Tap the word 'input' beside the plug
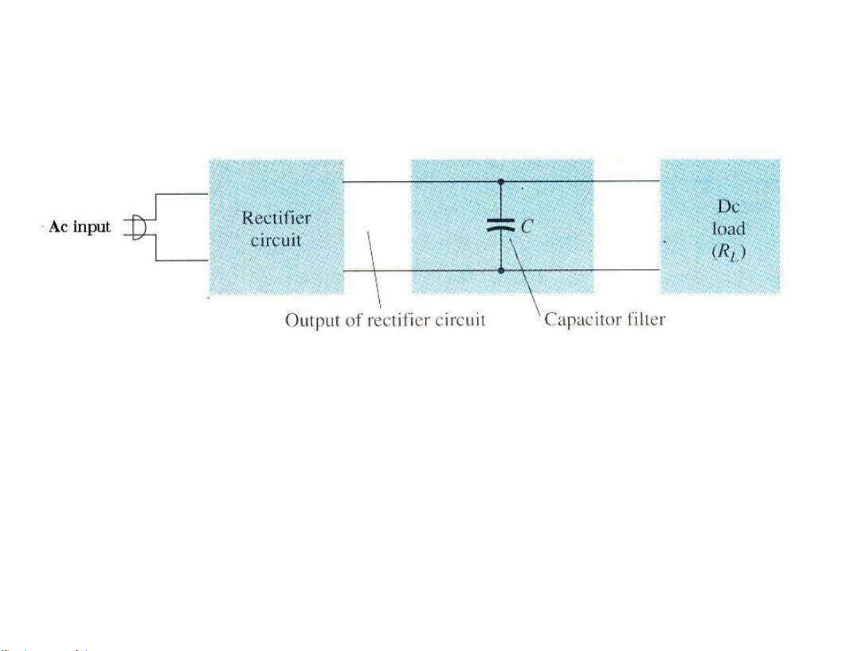pyautogui.click(x=91, y=227)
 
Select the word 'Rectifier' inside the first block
pyautogui.click(x=276, y=218)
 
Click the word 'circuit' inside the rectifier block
pyautogui.click(x=276, y=240)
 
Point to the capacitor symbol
pyautogui.click(x=500, y=225)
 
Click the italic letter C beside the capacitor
pyautogui.click(x=526, y=227)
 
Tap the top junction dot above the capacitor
pyautogui.click(x=500, y=182)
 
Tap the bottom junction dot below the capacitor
pyautogui.click(x=500, y=270)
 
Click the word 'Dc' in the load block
pyautogui.click(x=728, y=206)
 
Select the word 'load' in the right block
pyautogui.click(x=728, y=229)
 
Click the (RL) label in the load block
pyautogui.click(x=729, y=251)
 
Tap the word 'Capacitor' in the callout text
pyautogui.click(x=583, y=319)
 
